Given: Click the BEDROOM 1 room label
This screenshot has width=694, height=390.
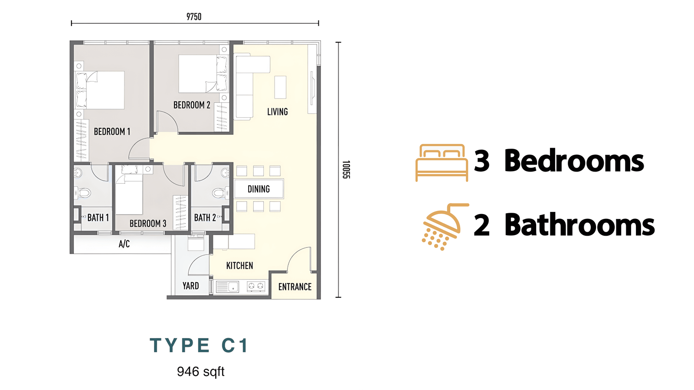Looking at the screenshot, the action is click(x=112, y=132).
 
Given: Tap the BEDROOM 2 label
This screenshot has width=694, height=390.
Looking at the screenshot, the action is click(x=192, y=105).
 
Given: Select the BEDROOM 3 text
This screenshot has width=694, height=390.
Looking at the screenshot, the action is click(x=148, y=224).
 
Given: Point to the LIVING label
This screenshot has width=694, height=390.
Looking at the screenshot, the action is click(x=278, y=112).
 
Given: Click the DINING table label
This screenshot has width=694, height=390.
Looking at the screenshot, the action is click(x=259, y=189).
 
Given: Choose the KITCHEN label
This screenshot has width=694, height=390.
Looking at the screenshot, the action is click(x=239, y=266).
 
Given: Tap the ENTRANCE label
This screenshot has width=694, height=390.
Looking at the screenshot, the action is click(x=295, y=287).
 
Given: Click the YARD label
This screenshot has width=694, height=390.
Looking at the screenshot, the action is click(x=190, y=286).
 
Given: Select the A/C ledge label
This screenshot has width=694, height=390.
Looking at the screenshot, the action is click(x=124, y=244).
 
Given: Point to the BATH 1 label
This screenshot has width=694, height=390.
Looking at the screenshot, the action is click(x=98, y=218).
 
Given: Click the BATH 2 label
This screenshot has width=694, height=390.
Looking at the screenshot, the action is click(x=205, y=218).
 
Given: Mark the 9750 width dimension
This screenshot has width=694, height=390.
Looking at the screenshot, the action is click(x=194, y=17).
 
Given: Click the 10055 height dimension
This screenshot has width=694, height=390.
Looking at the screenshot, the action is click(x=346, y=169).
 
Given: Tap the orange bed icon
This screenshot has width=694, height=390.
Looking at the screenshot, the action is click(x=442, y=163).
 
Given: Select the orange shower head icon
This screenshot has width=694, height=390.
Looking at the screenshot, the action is click(x=445, y=227).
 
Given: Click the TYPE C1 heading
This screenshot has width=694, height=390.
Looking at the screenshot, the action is click(x=199, y=345).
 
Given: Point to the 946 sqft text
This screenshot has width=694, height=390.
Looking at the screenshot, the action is click(x=201, y=371).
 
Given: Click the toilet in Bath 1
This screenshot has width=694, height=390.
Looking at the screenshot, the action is click(x=82, y=193).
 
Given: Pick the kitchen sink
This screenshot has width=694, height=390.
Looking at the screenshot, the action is click(x=227, y=286).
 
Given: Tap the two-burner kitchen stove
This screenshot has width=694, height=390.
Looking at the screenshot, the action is click(x=256, y=286).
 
